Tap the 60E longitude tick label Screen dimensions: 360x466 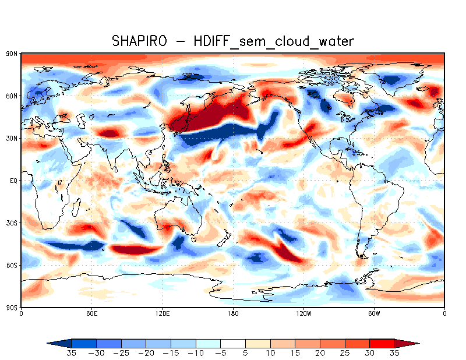pyautogui.click(x=91, y=313)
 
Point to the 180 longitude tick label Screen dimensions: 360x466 pyautogui.click(x=233, y=313)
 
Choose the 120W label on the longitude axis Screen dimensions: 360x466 pyautogui.click(x=303, y=313)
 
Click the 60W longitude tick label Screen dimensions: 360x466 pyautogui.click(x=374, y=313)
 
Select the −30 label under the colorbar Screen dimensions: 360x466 pyautogui.click(x=97, y=353)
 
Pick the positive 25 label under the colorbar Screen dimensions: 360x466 pyautogui.click(x=345, y=353)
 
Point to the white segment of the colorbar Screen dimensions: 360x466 pyautogui.click(x=233, y=343)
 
